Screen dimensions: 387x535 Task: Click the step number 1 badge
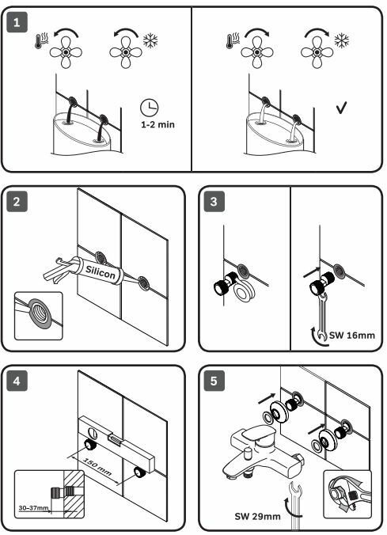(x=17, y=22)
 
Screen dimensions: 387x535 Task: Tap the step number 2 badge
(x=17, y=202)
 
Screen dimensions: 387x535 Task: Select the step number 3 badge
(x=214, y=202)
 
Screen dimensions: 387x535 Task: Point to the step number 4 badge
(x=17, y=381)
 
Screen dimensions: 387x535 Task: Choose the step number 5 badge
(x=214, y=381)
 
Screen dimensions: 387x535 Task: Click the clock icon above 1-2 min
(x=150, y=108)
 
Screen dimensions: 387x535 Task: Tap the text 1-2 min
(x=157, y=124)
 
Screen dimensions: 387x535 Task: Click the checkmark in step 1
(x=341, y=108)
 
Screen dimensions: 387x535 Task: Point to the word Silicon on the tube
(x=101, y=272)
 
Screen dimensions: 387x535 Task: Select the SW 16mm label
(x=352, y=335)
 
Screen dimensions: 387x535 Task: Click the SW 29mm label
(x=258, y=516)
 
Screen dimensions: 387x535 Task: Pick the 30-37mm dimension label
(x=33, y=508)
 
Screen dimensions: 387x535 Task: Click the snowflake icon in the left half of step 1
(x=150, y=40)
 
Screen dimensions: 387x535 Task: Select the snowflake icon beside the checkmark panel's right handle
(x=342, y=40)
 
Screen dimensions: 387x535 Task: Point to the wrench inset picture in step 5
(x=347, y=494)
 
